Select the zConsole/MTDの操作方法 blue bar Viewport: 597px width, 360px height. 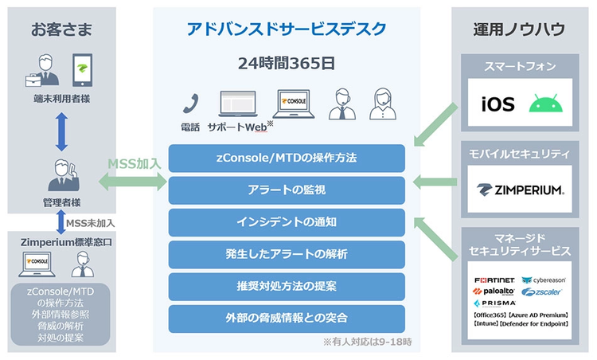coord(287,158)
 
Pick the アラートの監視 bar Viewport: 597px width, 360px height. coord(287,190)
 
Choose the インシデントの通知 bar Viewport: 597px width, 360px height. coord(287,222)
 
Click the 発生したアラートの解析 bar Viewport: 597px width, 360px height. coord(287,254)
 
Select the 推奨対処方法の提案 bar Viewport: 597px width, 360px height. coord(287,285)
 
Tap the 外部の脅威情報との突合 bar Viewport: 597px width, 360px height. coord(287,318)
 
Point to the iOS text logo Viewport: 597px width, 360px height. coord(498,104)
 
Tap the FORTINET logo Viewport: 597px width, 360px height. coord(494,280)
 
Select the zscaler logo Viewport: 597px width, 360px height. coord(544,292)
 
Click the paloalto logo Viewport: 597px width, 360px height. coord(494,292)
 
